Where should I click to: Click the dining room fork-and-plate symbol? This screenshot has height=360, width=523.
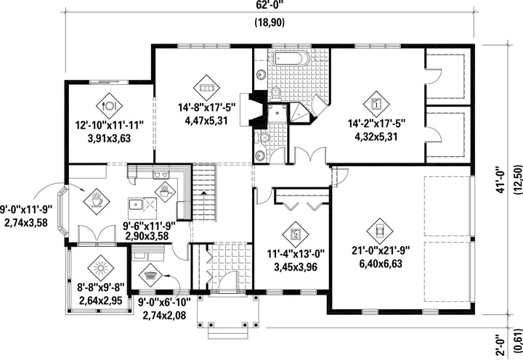coord(109,106)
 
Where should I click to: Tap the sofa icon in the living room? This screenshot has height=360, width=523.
coord(206,88)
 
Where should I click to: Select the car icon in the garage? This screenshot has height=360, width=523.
coord(380,231)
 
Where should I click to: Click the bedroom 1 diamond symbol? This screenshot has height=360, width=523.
coord(376,105)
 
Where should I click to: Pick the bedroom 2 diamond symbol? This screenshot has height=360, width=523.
coord(296,234)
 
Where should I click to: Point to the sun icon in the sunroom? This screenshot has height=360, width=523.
coord(101,269)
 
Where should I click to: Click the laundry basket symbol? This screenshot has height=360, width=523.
coord(150,277)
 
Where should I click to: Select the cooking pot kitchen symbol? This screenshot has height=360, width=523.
coord(165,192)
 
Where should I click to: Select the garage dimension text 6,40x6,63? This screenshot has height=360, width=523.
coord(381,263)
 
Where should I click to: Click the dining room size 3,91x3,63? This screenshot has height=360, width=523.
coord(109,139)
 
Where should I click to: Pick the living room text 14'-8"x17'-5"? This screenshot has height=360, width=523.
coord(206,107)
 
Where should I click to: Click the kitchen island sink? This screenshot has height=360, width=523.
coord(135,204)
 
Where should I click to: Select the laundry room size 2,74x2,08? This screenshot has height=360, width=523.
coord(164,315)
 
